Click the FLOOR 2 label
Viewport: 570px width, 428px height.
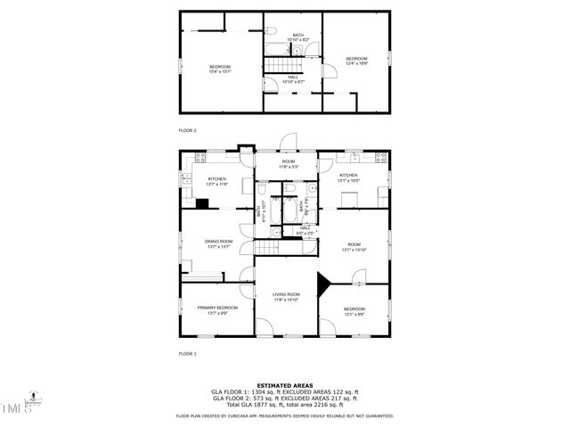187,130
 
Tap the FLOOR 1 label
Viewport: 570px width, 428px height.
187,354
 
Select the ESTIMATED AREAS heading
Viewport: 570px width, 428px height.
285,385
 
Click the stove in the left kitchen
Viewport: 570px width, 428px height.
200,158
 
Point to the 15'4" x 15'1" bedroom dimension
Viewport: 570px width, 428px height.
220,71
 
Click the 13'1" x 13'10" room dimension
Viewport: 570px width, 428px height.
354,250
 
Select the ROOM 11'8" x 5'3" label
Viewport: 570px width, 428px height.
288,164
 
